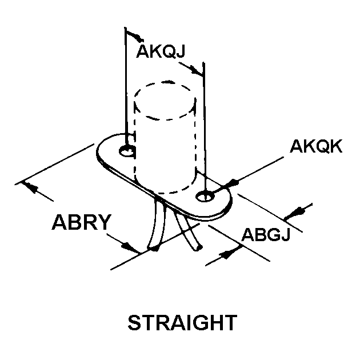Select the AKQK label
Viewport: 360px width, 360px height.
coord(315,147)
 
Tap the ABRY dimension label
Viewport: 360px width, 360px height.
coord(80,221)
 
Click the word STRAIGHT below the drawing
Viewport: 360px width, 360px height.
coord(181,323)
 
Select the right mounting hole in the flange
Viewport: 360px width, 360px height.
coord(205,197)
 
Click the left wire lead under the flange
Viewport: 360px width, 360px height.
coord(158,226)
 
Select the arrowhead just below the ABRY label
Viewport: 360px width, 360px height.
coord(130,246)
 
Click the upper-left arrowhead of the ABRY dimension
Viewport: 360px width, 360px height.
coord(30,186)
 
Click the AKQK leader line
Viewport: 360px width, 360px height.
coord(260,169)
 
